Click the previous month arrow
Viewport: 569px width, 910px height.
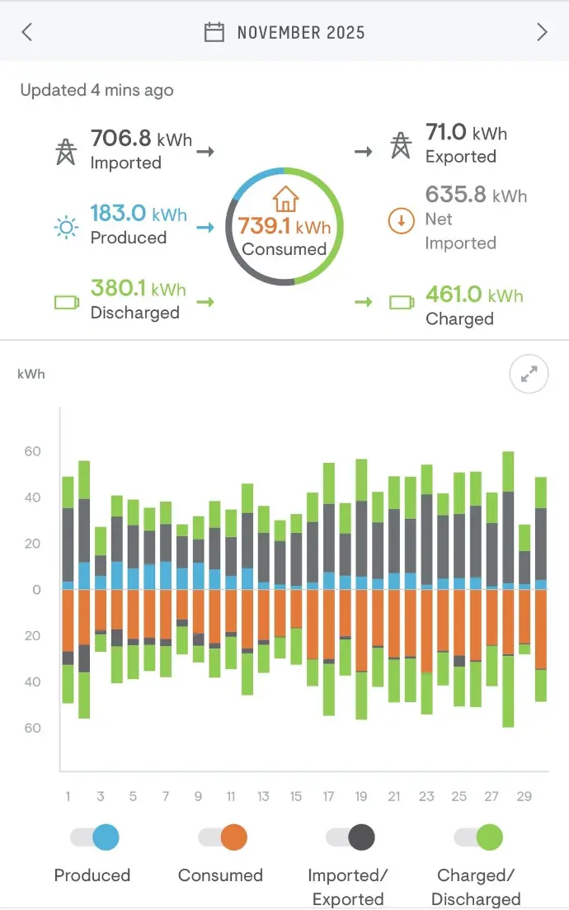coord(27,32)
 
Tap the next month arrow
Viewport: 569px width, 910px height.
coord(542,32)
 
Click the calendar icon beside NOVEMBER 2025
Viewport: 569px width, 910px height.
coord(214,32)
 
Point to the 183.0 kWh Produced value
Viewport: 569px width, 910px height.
coord(139,214)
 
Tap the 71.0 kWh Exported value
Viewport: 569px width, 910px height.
coord(466,132)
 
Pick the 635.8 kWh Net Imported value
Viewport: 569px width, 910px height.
coord(476,196)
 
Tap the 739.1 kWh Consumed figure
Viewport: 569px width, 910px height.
coord(284,226)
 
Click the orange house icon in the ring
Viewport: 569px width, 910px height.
coord(284,199)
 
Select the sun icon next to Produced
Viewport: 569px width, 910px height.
coord(65,226)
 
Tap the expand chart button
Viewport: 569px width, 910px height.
coord(529,375)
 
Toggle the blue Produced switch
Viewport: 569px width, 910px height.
coord(94,838)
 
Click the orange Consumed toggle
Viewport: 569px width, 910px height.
coord(222,838)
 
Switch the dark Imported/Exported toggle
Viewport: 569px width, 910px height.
coord(350,838)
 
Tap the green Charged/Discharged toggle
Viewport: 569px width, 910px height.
coord(477,838)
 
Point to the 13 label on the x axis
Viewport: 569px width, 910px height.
coord(263,796)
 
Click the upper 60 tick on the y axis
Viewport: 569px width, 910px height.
coord(32,451)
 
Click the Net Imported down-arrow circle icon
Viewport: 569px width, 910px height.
coord(400,221)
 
